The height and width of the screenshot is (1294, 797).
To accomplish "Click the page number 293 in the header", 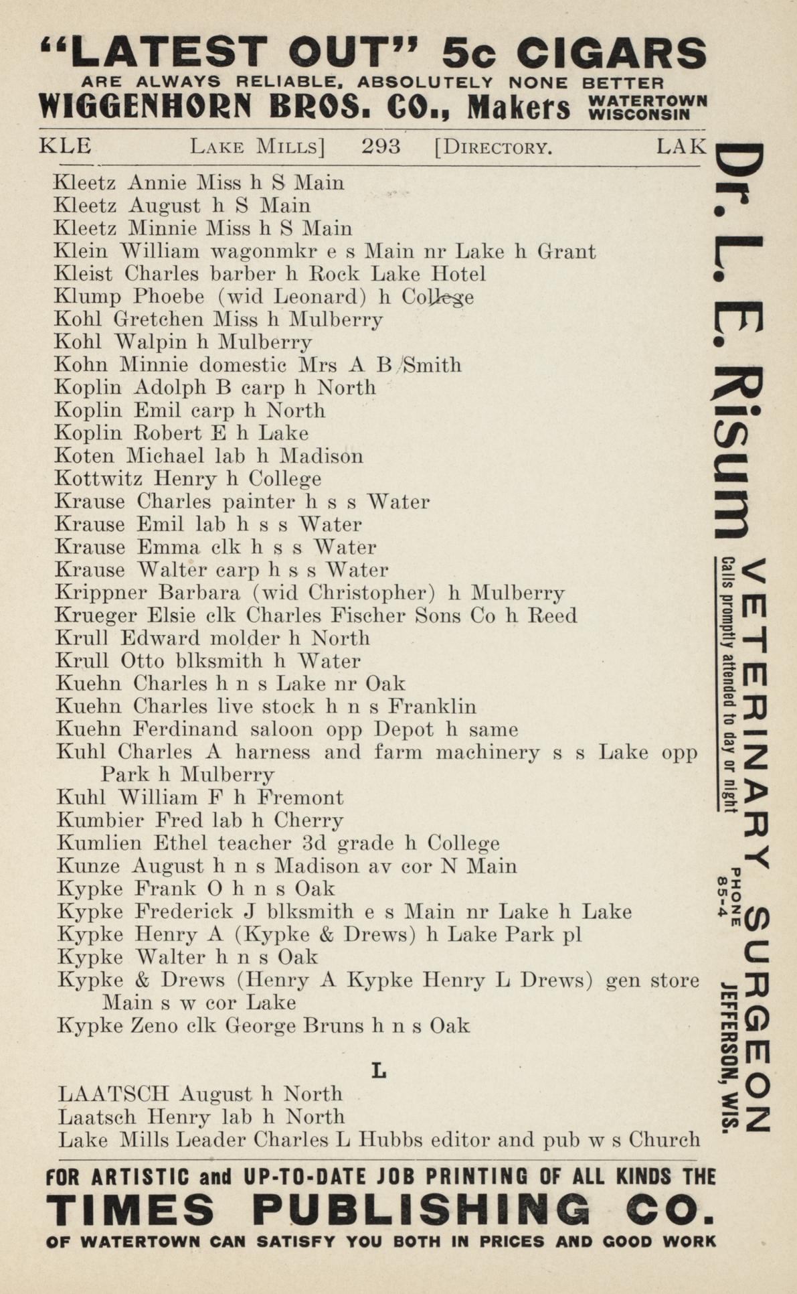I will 381,146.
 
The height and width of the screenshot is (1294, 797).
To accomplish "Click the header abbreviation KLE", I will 66,146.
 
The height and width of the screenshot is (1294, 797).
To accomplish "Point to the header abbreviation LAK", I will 681,146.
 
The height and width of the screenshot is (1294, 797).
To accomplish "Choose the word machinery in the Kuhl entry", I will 487,753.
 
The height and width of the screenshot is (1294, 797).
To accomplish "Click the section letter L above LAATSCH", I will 379,1071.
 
